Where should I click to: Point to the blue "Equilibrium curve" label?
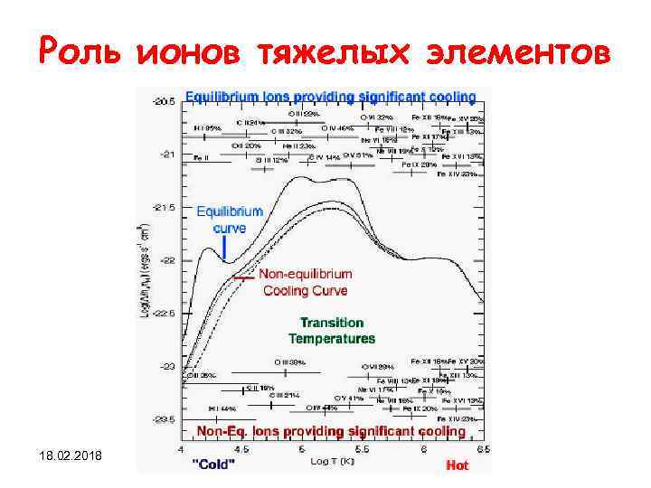(x=230, y=220)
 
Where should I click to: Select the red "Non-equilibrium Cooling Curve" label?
(x=305, y=282)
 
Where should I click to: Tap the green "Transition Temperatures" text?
(x=331, y=331)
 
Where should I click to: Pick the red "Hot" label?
(x=458, y=466)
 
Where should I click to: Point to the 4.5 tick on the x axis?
(x=242, y=449)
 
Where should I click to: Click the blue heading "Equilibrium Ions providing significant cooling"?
(x=331, y=96)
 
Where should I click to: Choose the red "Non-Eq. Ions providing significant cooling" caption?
(x=331, y=432)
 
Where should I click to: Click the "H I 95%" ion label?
(x=209, y=128)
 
